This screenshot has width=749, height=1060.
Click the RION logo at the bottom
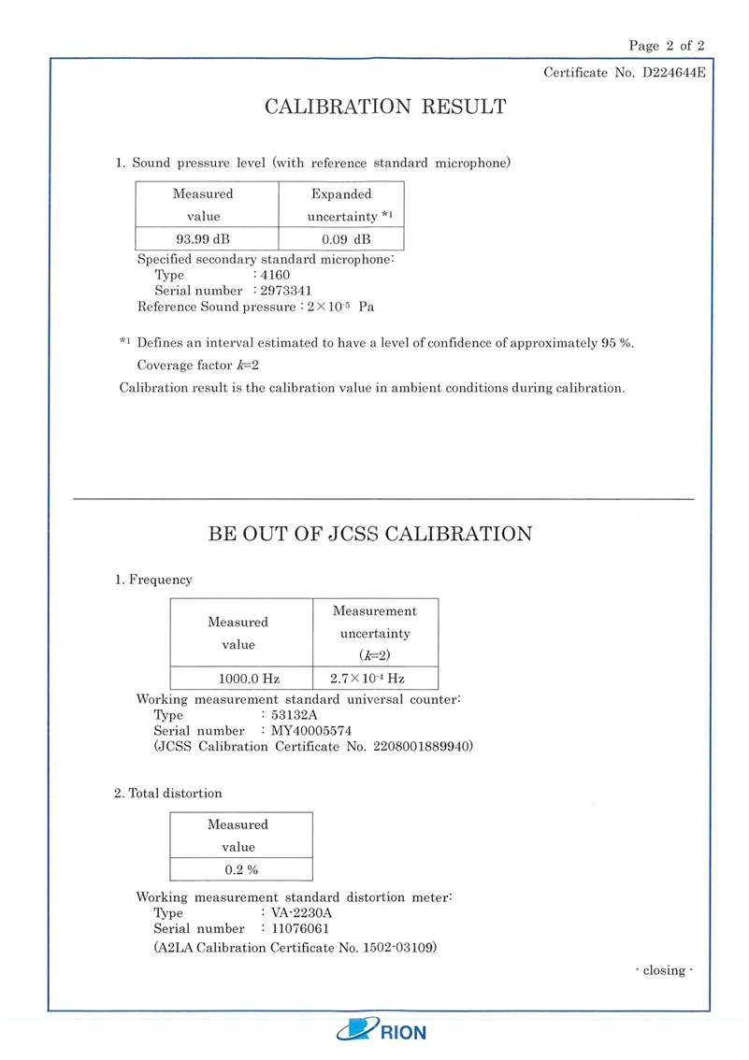[382, 1031]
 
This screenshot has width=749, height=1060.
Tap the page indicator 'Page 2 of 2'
[667, 45]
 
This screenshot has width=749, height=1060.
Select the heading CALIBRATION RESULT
[385, 107]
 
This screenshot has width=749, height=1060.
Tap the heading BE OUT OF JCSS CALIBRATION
[369, 535]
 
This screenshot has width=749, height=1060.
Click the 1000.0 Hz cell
[238, 678]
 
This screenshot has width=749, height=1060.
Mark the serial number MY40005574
[311, 730]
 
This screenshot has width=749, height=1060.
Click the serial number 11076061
[300, 929]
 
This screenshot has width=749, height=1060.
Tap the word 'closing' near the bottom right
[664, 970]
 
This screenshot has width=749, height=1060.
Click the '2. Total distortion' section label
[168, 794]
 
